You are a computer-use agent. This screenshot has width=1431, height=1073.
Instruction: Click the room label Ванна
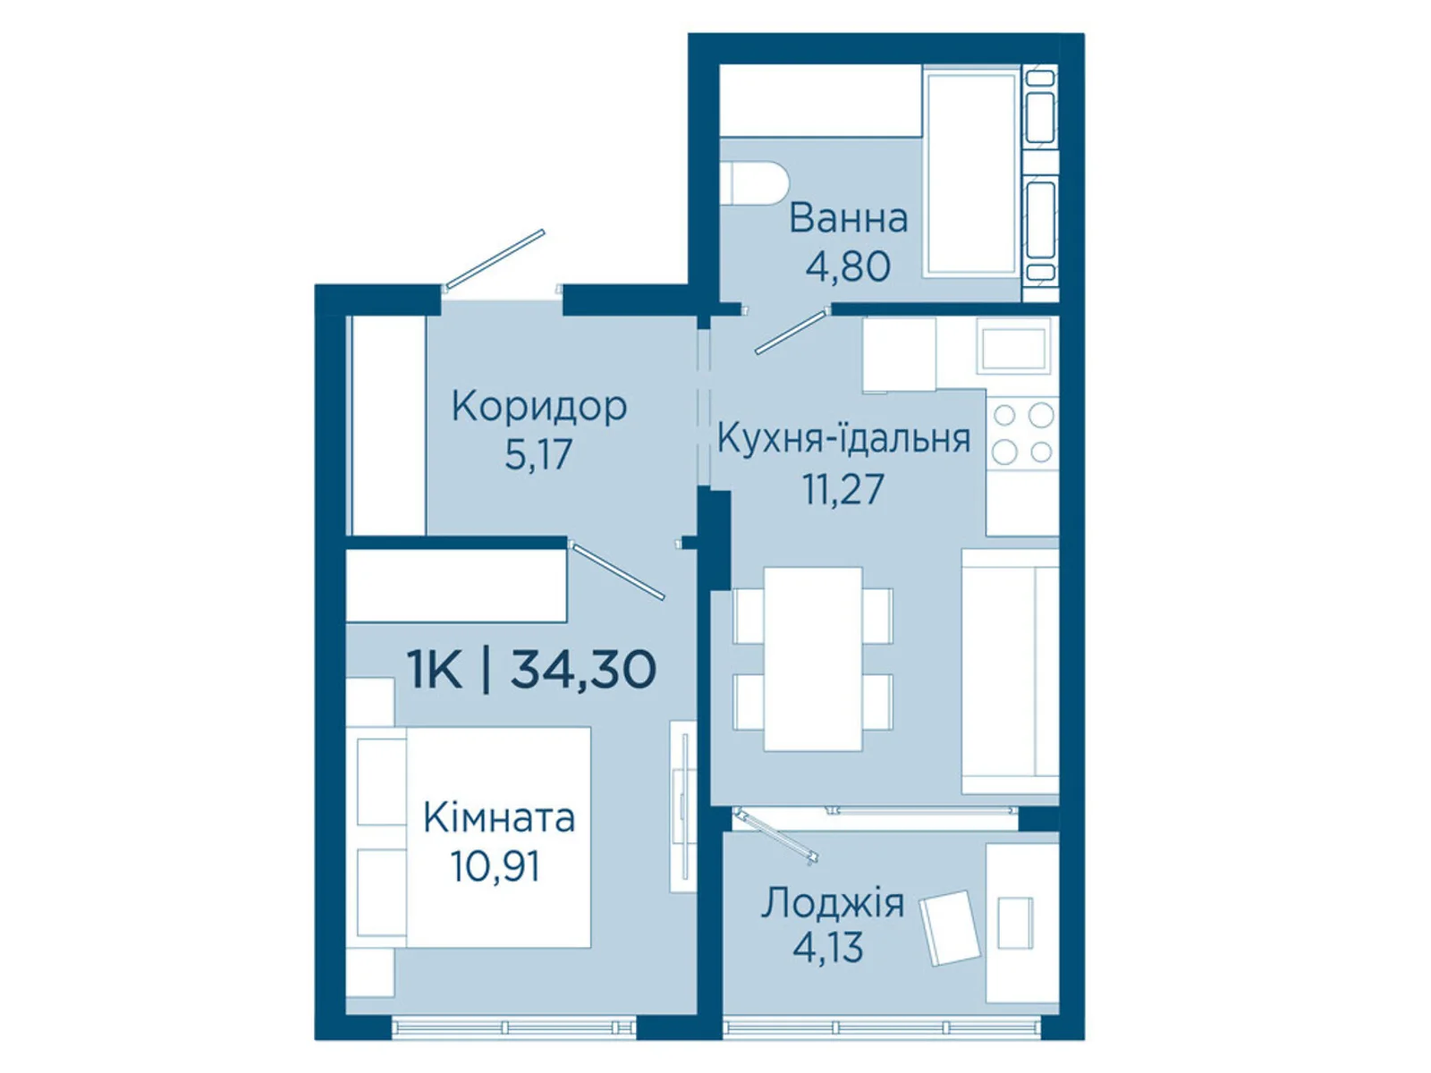(x=848, y=219)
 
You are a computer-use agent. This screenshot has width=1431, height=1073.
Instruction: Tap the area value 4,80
(x=848, y=266)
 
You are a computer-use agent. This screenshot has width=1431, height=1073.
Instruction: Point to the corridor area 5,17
(x=538, y=454)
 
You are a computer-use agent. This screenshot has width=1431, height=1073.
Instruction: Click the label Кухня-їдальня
(x=843, y=438)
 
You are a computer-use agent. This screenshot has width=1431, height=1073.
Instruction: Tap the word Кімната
(x=499, y=817)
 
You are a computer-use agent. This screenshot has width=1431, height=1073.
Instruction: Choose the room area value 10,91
(x=496, y=867)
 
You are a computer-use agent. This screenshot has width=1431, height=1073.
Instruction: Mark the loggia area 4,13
(x=828, y=947)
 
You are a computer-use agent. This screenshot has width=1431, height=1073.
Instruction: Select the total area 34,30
(x=583, y=670)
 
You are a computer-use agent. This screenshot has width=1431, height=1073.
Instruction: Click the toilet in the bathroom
(x=758, y=183)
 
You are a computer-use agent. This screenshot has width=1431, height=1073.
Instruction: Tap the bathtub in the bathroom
(x=971, y=173)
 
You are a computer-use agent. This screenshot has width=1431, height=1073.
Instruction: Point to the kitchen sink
(x=1013, y=350)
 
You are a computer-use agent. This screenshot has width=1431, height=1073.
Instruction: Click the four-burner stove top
(x=1022, y=434)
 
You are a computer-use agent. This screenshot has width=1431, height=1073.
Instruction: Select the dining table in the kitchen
(x=813, y=659)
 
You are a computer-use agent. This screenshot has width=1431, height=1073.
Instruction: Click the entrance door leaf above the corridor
(x=495, y=258)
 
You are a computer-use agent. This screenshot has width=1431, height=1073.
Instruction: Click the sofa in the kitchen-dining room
(x=1009, y=671)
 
